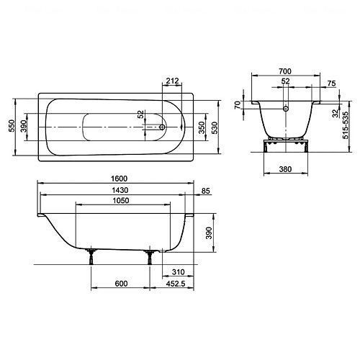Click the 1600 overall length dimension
pyautogui.click(x=119, y=179)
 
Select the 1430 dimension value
pyautogui.click(x=120, y=190)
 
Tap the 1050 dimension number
pyautogui.click(x=121, y=201)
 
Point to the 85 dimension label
pyautogui.click(x=206, y=191)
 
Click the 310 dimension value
pyautogui.click(x=179, y=272)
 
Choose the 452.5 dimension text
pyautogui.click(x=176, y=284)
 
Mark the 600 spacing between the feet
pyautogui.click(x=121, y=284)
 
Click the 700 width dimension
pyautogui.click(x=285, y=71)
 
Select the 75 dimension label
pyautogui.click(x=331, y=84)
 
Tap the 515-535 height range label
pyautogui.click(x=346, y=125)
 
